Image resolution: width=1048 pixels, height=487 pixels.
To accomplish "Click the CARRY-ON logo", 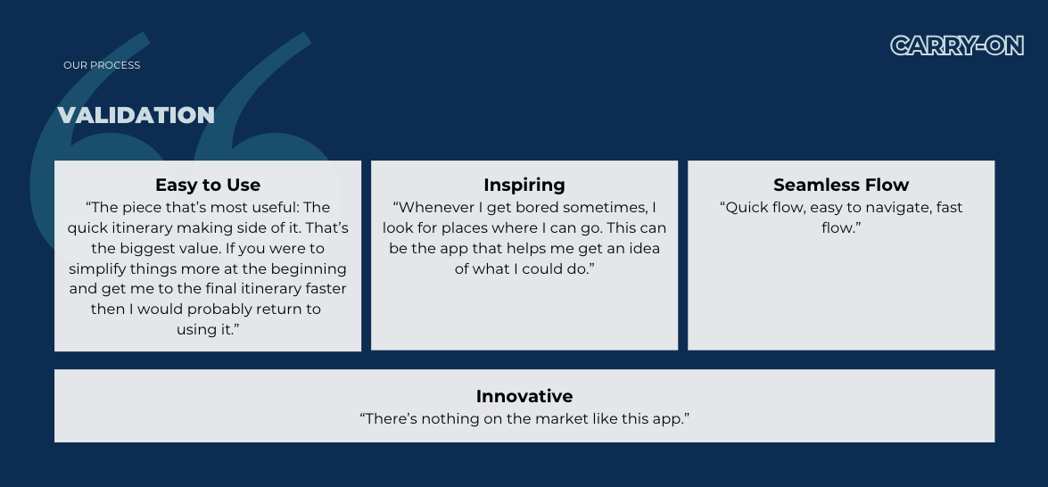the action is coord(957,45).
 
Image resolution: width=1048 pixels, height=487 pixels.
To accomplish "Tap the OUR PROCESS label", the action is coord(102,65).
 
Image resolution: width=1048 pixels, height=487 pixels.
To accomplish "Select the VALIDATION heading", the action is coord(136,115).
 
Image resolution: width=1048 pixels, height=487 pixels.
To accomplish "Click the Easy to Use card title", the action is coord(208,185).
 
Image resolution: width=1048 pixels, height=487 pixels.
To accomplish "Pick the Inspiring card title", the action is coord(524,185).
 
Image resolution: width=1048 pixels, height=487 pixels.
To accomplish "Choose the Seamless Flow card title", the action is coord(841,185).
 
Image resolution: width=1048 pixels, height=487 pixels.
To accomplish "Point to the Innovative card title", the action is coord(524,396).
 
